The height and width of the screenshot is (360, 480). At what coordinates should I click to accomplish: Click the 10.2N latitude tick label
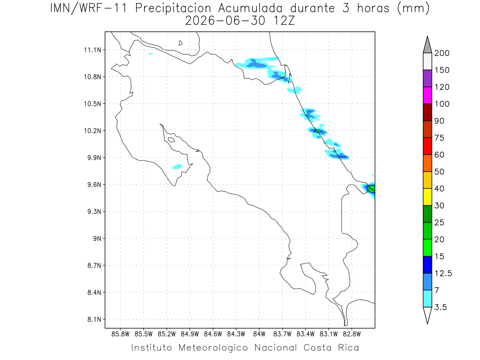point(92,131)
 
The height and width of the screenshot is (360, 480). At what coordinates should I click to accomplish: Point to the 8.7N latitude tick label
point(94,266)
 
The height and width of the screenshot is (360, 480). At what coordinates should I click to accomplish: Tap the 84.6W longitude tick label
point(213,334)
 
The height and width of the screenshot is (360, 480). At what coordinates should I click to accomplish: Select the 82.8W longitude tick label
point(352,334)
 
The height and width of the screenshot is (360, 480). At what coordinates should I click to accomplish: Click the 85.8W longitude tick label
point(120,334)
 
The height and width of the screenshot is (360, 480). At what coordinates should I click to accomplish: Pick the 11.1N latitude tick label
point(92,50)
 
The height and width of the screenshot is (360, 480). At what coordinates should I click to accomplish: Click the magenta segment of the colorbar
point(427,95)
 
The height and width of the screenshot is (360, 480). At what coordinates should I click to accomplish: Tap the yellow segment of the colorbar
point(427,197)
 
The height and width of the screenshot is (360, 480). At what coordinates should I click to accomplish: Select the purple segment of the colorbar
point(427,78)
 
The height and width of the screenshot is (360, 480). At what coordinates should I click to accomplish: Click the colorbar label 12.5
point(443,274)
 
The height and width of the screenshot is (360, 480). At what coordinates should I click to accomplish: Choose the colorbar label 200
point(442,53)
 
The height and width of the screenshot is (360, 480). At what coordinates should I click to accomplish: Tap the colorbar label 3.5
point(440,307)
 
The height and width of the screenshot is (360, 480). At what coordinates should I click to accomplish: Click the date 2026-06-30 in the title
point(225,21)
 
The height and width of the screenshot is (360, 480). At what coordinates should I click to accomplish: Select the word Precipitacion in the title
point(173,8)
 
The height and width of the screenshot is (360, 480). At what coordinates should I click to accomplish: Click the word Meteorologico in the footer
point(213,348)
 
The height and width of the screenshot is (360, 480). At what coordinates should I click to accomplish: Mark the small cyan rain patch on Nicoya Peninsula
point(177,166)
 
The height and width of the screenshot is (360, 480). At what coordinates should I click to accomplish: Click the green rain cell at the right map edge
point(372,189)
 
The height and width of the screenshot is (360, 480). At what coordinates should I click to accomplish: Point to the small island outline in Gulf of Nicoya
point(171,140)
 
